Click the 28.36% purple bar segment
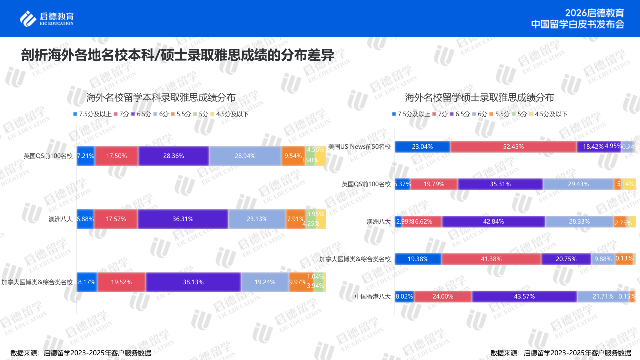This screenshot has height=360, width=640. click(174, 156)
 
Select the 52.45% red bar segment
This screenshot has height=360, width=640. click(513, 147)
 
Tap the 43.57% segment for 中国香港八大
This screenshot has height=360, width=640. click(524, 296)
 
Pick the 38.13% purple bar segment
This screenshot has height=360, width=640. click(193, 282)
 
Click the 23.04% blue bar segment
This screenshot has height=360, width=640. click(422, 147)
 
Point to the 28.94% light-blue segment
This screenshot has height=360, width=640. click(245, 156)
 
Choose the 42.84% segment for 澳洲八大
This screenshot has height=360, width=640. click(493, 221)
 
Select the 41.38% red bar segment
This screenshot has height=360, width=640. click(491, 259)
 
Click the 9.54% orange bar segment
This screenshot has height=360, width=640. click(293, 156)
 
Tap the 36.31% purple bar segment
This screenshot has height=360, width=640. click(183, 219)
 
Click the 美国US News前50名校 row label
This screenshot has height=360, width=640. click(359, 147)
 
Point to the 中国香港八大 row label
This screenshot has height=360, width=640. click(373, 296)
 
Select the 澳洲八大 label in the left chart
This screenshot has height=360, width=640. click(61, 219)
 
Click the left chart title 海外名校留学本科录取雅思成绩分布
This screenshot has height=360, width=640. click(161, 97)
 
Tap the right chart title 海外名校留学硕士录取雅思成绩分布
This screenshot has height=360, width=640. click(479, 97)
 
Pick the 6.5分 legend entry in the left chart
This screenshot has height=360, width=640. click(142, 114)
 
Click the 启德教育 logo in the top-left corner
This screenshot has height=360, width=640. click(47, 18)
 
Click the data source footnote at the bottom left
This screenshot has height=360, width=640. click(81, 353)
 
